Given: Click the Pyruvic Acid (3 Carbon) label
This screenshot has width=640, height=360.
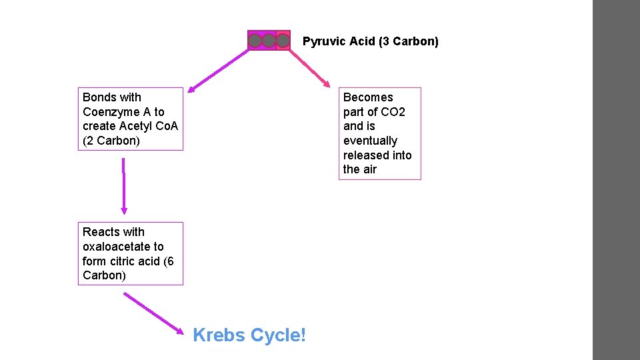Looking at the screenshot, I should click(x=371, y=41).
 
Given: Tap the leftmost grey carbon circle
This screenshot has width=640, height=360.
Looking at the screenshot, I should click(x=255, y=41).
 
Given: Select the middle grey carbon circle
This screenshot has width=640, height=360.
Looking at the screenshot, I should click(x=269, y=41).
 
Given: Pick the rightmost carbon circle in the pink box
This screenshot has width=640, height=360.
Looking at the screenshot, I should click(x=283, y=41).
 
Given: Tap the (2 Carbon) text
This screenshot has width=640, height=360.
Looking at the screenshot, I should click(x=111, y=141).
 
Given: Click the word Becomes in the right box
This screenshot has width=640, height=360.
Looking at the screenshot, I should click(x=368, y=97).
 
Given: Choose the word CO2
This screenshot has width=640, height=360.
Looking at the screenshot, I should click(x=392, y=112).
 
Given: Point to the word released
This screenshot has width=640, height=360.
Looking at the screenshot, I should click(x=367, y=155).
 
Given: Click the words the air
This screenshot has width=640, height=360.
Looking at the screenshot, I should click(x=360, y=169).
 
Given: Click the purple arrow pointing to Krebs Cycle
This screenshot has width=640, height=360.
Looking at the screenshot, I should click(x=153, y=313).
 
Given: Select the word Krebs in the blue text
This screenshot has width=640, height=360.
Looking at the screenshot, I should click(x=219, y=335).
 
